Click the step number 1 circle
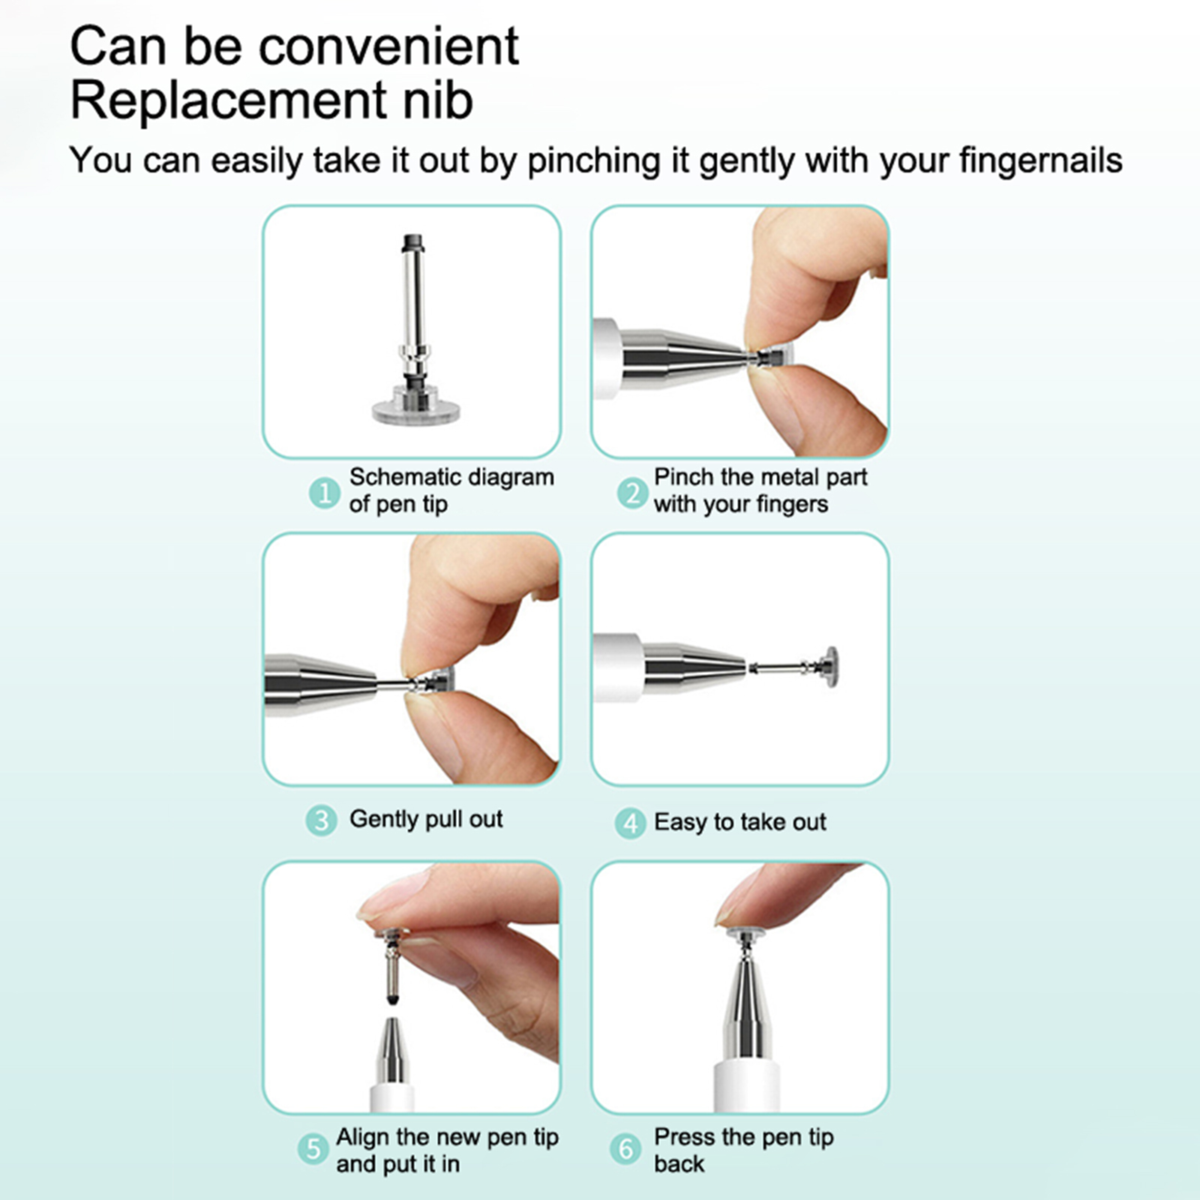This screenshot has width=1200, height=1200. (324, 493)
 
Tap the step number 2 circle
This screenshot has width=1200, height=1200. (633, 493)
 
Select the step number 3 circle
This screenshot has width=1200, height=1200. (321, 820)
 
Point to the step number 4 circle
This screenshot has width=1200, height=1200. (630, 823)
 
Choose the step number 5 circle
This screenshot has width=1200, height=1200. (313, 1149)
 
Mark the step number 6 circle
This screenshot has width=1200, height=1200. (625, 1149)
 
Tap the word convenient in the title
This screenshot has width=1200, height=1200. (388, 46)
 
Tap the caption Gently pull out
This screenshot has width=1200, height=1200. (426, 819)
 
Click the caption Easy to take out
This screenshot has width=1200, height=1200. (740, 822)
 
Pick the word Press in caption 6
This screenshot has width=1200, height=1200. (682, 1137)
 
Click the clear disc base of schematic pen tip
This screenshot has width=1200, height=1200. (415, 411)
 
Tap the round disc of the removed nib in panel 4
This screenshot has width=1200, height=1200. (831, 664)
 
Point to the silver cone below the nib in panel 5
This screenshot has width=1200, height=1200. (392, 1050)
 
